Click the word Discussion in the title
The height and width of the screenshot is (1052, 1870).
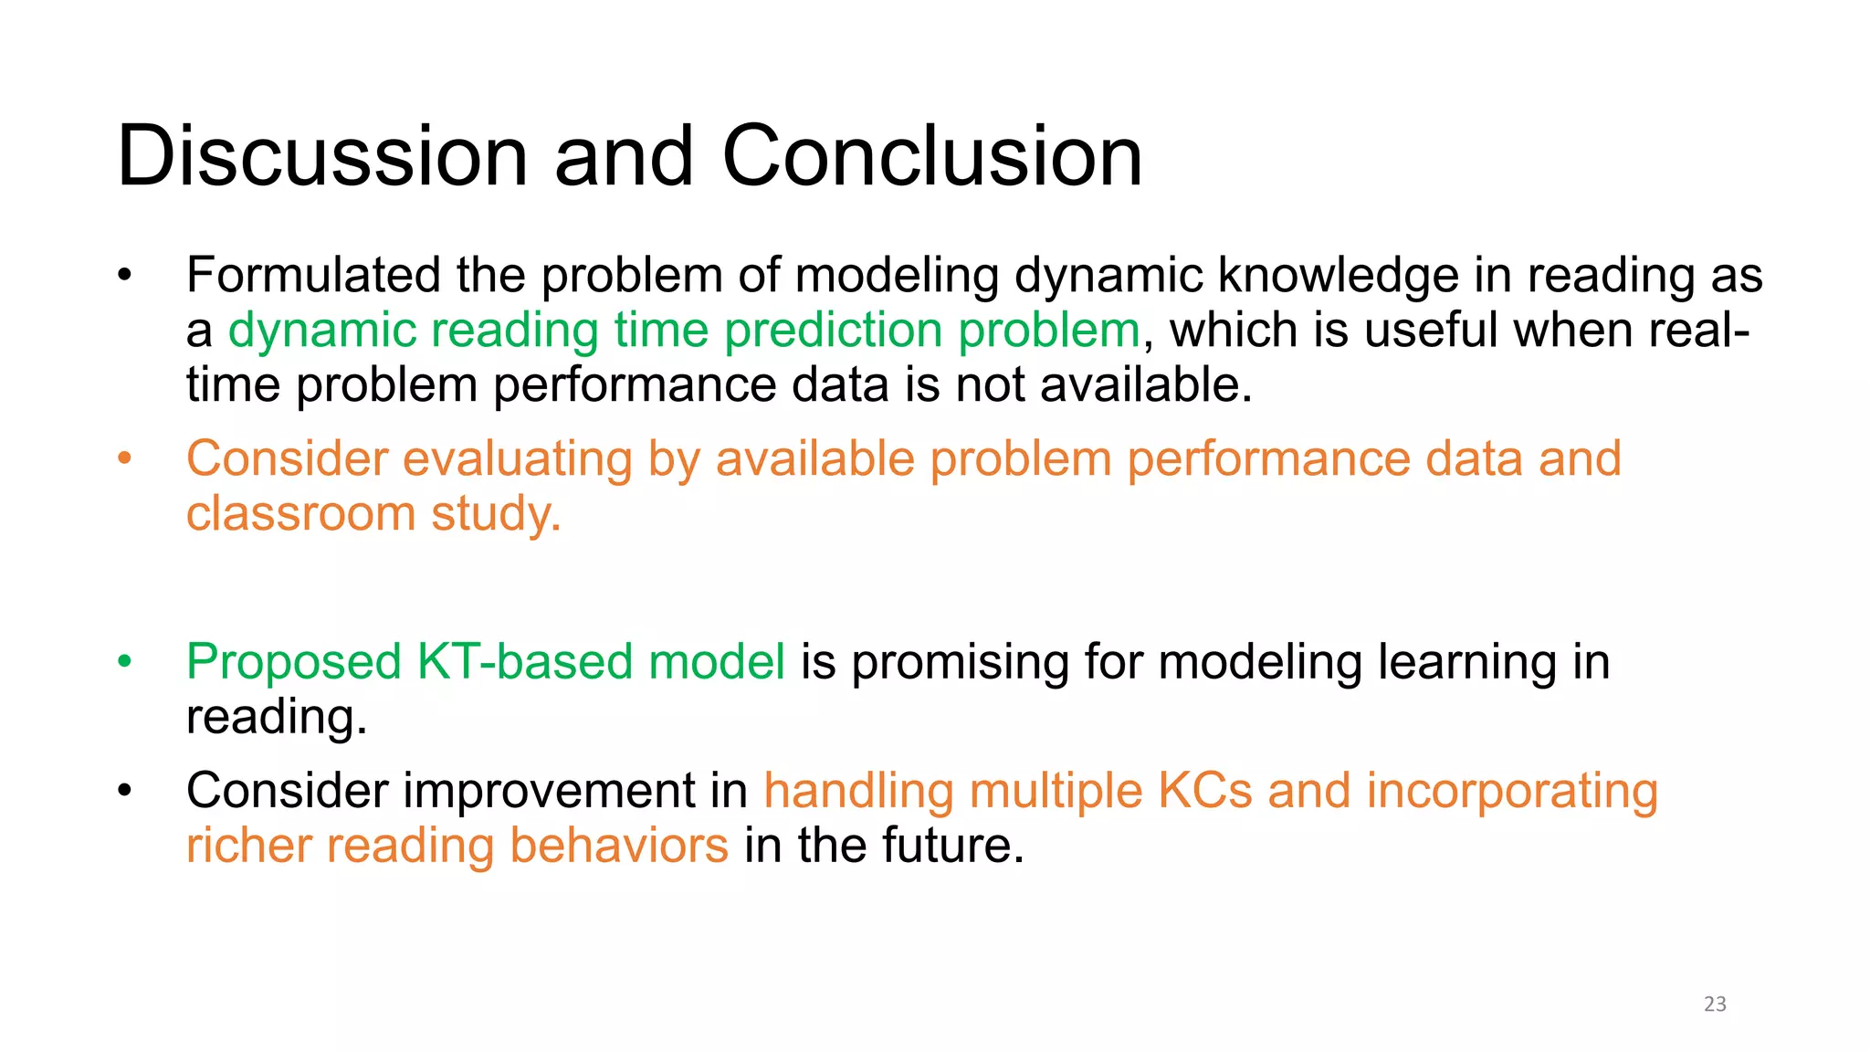[322, 156]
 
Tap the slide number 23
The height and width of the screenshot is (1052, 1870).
[1715, 1004]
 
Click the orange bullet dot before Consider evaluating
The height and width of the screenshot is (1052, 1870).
[125, 458]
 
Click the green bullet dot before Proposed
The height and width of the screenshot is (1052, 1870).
[125, 661]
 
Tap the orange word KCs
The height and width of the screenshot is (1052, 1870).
[1204, 791]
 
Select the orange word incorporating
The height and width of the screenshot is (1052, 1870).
[1511, 791]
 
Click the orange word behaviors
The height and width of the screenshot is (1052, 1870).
[618, 846]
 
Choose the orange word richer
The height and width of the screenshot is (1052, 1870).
[248, 846]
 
